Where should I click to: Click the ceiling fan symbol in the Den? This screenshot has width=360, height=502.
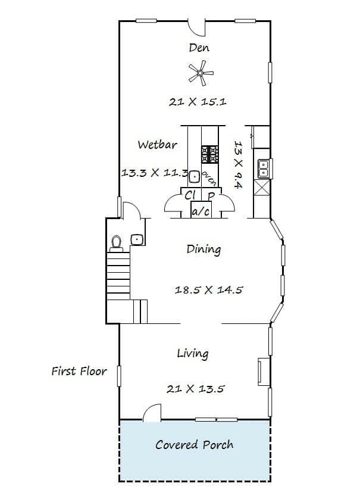(201, 73)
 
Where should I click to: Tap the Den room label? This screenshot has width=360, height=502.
(199, 48)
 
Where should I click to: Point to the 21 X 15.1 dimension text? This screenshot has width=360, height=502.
(198, 102)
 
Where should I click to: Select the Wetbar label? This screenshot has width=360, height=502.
(157, 145)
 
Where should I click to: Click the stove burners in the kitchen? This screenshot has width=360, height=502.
(209, 154)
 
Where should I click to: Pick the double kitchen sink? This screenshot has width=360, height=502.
(264, 169)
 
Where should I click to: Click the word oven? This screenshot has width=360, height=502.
(209, 178)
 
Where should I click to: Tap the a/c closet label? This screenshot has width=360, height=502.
(201, 211)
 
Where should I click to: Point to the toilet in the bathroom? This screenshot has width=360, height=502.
(116, 244)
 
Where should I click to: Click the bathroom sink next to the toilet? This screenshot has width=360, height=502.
(137, 240)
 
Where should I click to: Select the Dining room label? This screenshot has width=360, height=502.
(204, 250)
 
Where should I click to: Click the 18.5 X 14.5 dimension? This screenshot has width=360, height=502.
(209, 290)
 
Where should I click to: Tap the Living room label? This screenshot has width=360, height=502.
(193, 354)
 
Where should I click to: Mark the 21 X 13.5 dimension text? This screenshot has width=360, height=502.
(196, 389)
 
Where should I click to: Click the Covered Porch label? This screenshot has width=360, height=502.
(194, 445)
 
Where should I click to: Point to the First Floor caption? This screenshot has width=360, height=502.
(79, 371)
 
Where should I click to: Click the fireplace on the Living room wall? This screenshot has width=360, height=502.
(264, 372)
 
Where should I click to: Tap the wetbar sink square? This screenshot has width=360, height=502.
(194, 177)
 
